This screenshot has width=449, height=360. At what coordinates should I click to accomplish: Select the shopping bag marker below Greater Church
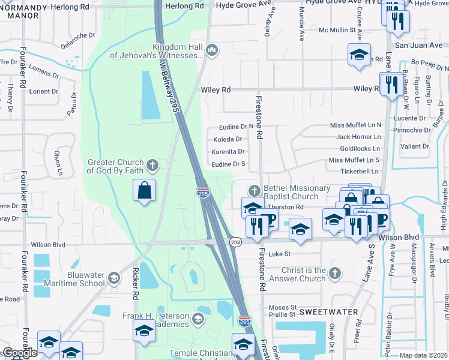[x=144, y=191]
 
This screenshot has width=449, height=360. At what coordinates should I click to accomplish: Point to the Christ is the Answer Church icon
[x=335, y=273]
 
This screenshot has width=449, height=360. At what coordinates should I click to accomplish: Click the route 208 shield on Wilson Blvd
[x=235, y=241]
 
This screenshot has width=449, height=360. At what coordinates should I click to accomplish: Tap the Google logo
[x=20, y=353]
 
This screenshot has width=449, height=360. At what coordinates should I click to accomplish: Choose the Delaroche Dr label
[x=78, y=40]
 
